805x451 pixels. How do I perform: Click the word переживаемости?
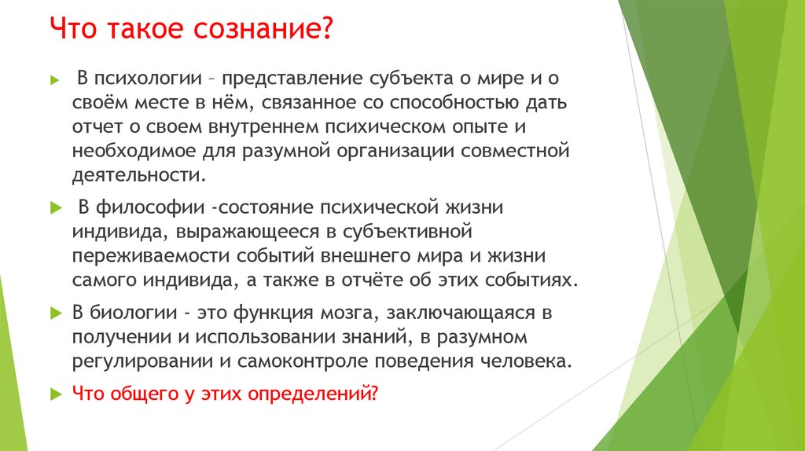pyautogui.click(x=149, y=255)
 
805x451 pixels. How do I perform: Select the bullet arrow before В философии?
pyautogui.click(x=54, y=209)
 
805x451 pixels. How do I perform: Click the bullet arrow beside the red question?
pyautogui.click(x=54, y=394)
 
